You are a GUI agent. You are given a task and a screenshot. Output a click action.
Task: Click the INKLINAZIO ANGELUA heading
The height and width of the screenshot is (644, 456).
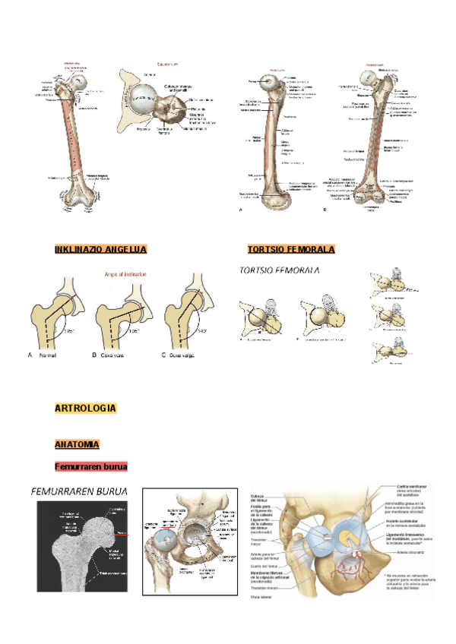click(x=100, y=249)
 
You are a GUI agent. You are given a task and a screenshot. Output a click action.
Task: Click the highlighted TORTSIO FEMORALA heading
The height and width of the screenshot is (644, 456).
click(x=291, y=249)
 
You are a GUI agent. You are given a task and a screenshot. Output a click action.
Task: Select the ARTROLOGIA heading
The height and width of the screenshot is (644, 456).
click(x=85, y=409)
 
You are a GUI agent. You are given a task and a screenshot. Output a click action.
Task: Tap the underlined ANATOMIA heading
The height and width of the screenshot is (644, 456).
click(x=77, y=444)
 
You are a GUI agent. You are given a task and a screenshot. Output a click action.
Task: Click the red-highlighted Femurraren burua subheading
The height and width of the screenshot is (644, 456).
click(x=90, y=466)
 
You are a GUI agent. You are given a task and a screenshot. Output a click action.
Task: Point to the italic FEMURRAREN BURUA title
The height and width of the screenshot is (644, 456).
click(x=79, y=491)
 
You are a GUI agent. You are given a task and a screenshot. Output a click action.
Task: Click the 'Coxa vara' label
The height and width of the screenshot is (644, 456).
click(x=113, y=355)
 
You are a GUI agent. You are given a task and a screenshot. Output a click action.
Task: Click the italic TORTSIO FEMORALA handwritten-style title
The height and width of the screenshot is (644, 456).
click(x=279, y=270)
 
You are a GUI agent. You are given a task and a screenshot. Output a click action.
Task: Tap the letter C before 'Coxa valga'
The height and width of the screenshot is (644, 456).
click(x=164, y=355)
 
